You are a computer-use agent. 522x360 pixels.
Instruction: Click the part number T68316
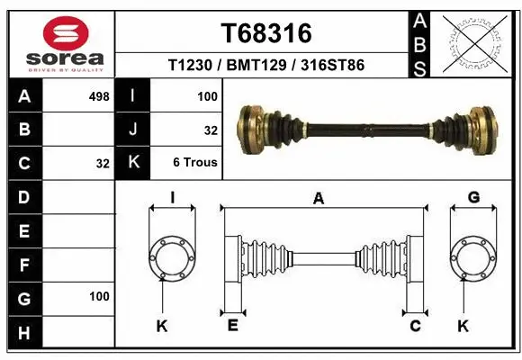pyautogui.click(x=266, y=33)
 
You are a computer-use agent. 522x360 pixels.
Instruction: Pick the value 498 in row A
pyautogui.click(x=99, y=95)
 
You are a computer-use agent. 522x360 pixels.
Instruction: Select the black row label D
pyautogui.click(x=24, y=197)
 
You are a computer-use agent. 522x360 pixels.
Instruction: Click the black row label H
pyautogui.click(x=24, y=333)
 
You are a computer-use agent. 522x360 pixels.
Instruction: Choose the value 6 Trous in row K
pyautogui.click(x=195, y=163)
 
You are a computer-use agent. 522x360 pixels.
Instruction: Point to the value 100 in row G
pyautogui.click(x=99, y=296)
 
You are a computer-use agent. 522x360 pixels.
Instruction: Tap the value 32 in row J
pyautogui.click(x=211, y=130)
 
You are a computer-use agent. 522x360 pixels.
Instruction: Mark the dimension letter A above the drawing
pyautogui.click(x=318, y=199)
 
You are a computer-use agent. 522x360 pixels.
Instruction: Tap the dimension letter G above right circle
pyautogui.click(x=473, y=198)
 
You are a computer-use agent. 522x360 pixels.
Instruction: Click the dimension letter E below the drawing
pyautogui.click(x=232, y=326)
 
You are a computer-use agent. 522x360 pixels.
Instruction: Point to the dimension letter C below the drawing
pyautogui.click(x=415, y=326)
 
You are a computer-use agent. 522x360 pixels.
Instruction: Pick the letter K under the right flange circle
pyautogui.click(x=463, y=326)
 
